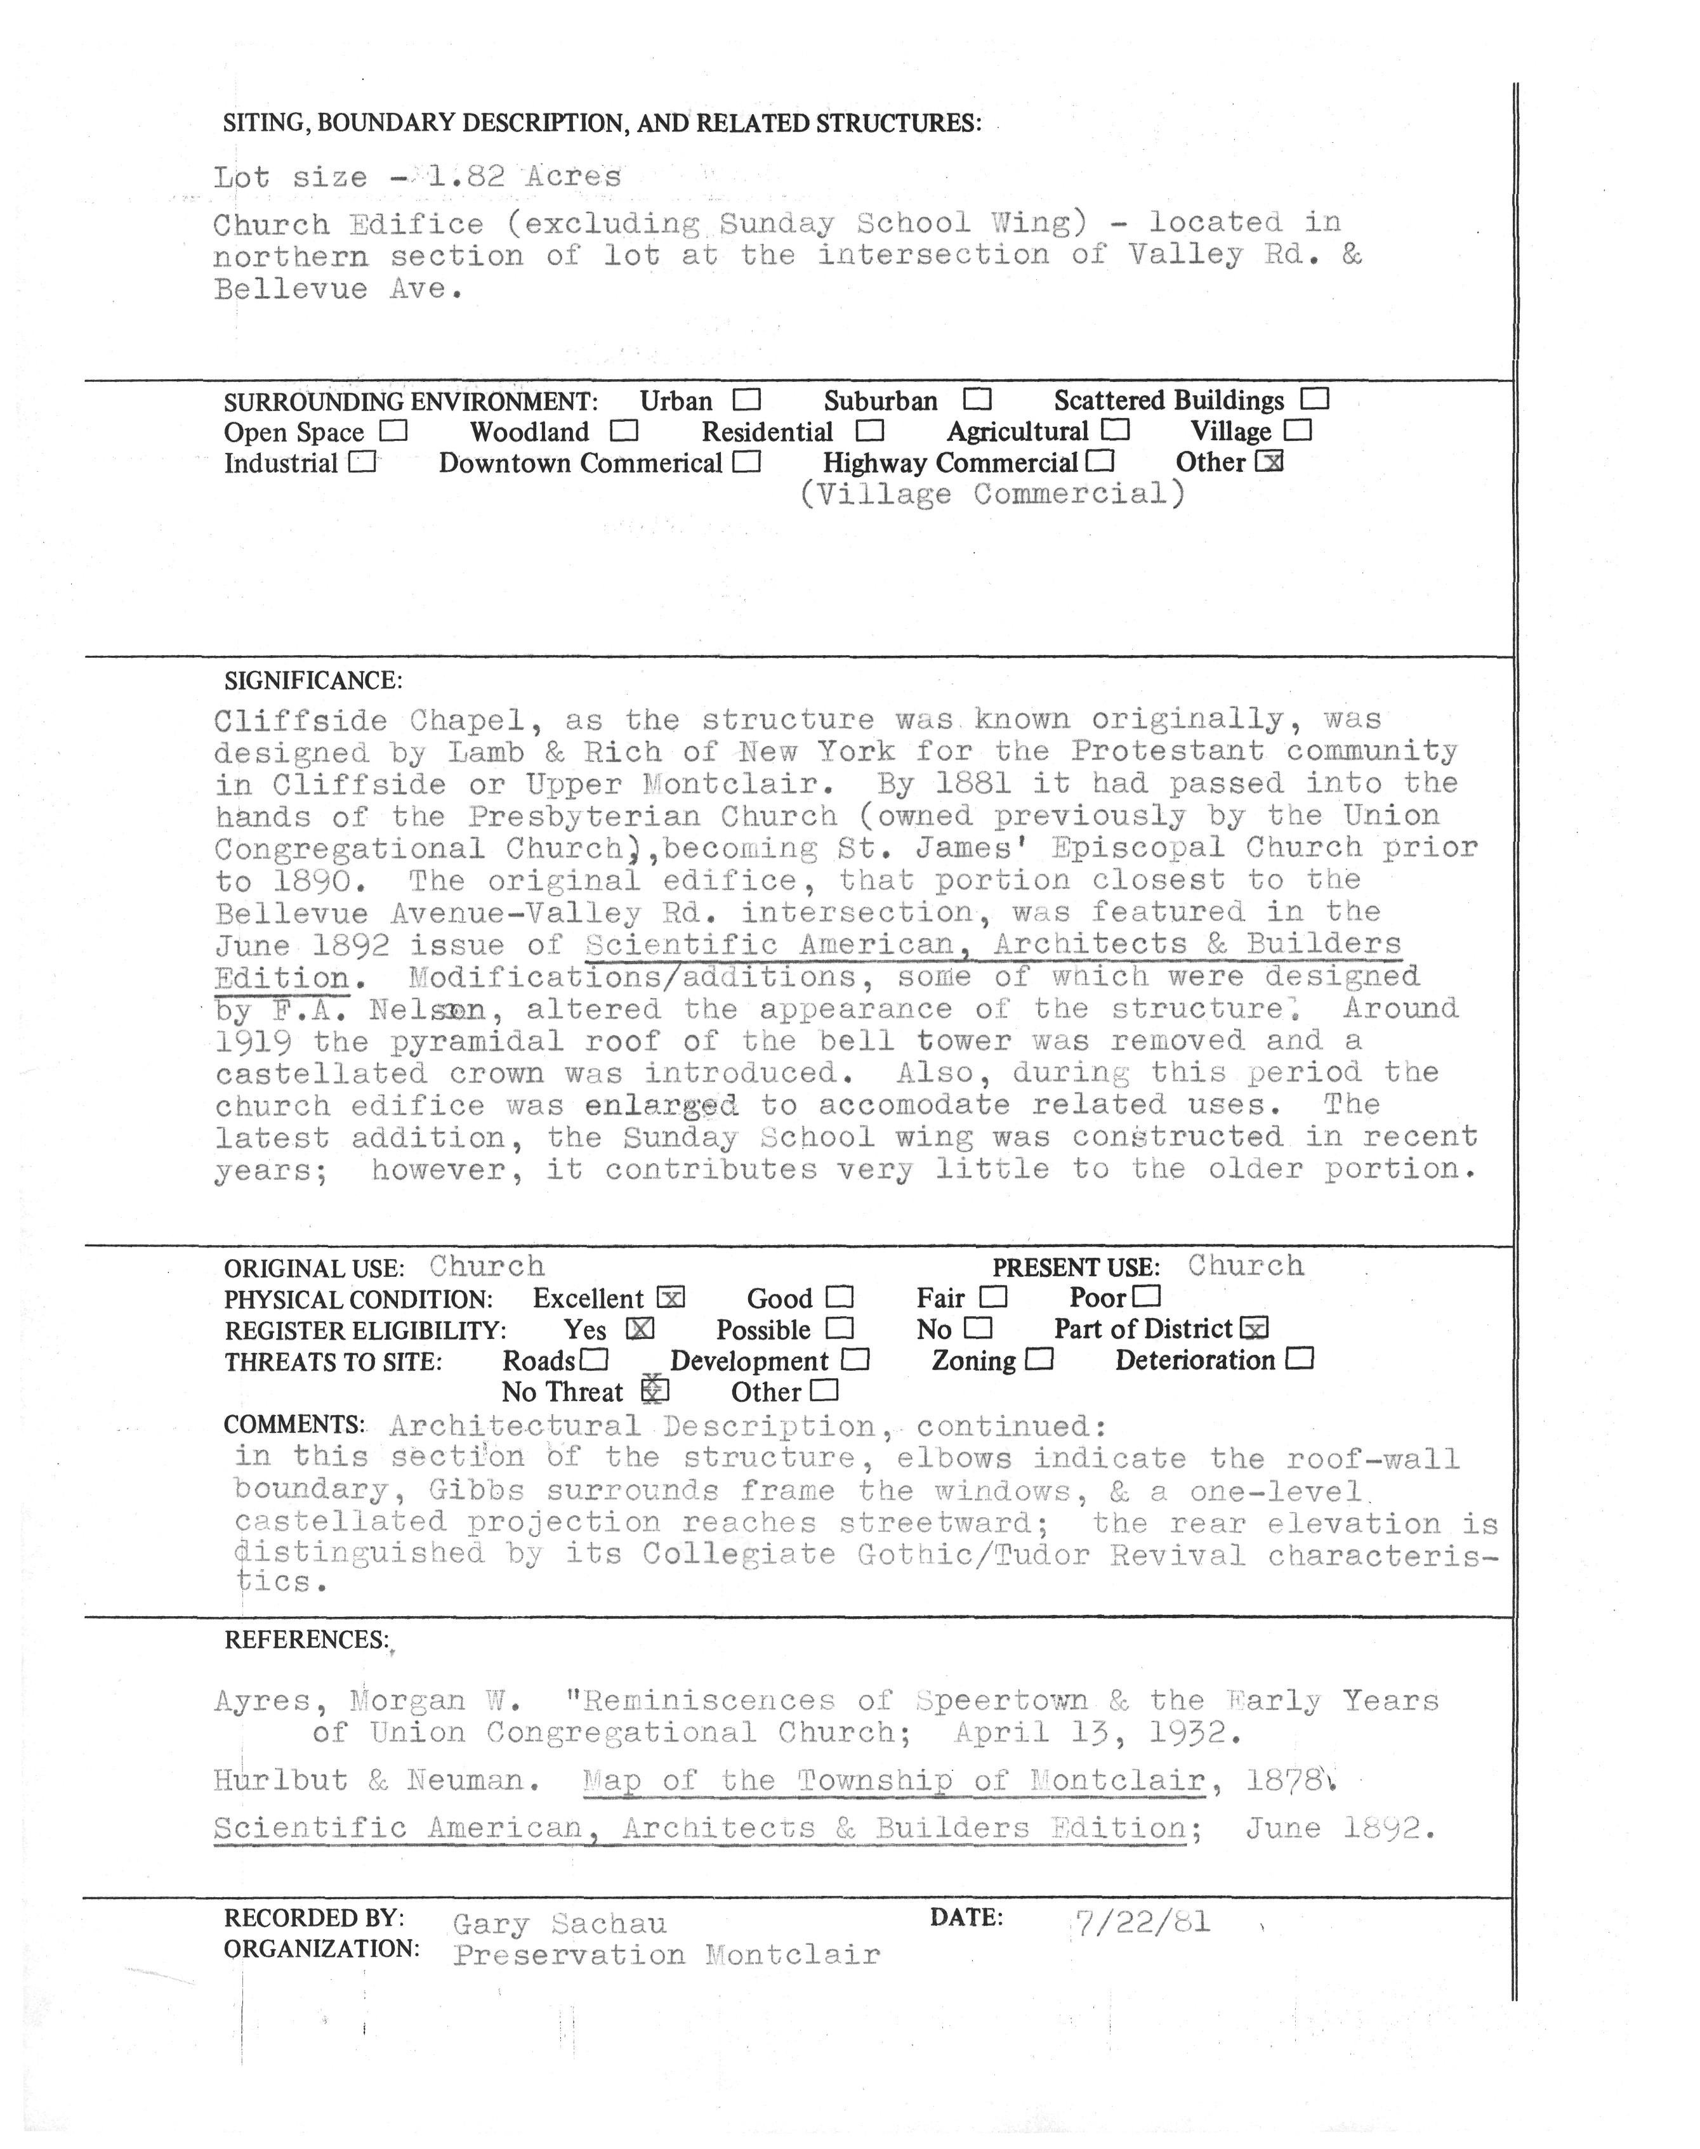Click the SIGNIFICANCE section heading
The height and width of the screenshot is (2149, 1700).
coord(313,681)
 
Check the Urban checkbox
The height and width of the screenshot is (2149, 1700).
coord(746,400)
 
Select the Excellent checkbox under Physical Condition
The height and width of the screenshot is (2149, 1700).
coord(671,1298)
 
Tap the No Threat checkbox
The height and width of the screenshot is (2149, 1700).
coord(655,1391)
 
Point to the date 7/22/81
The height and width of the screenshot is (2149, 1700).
coord(1142,1921)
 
